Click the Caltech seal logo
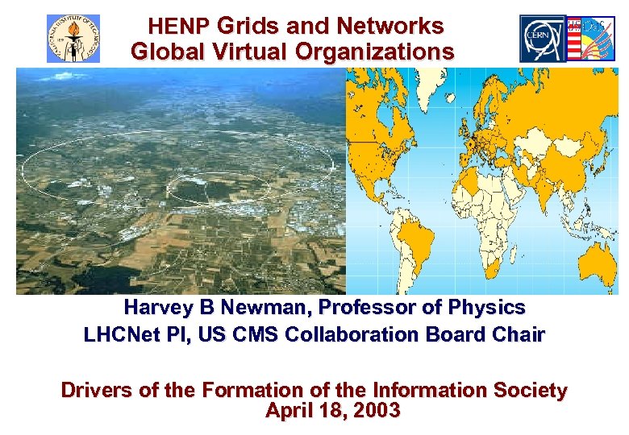point(73,38)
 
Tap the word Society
point(527,391)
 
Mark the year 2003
point(373,411)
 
